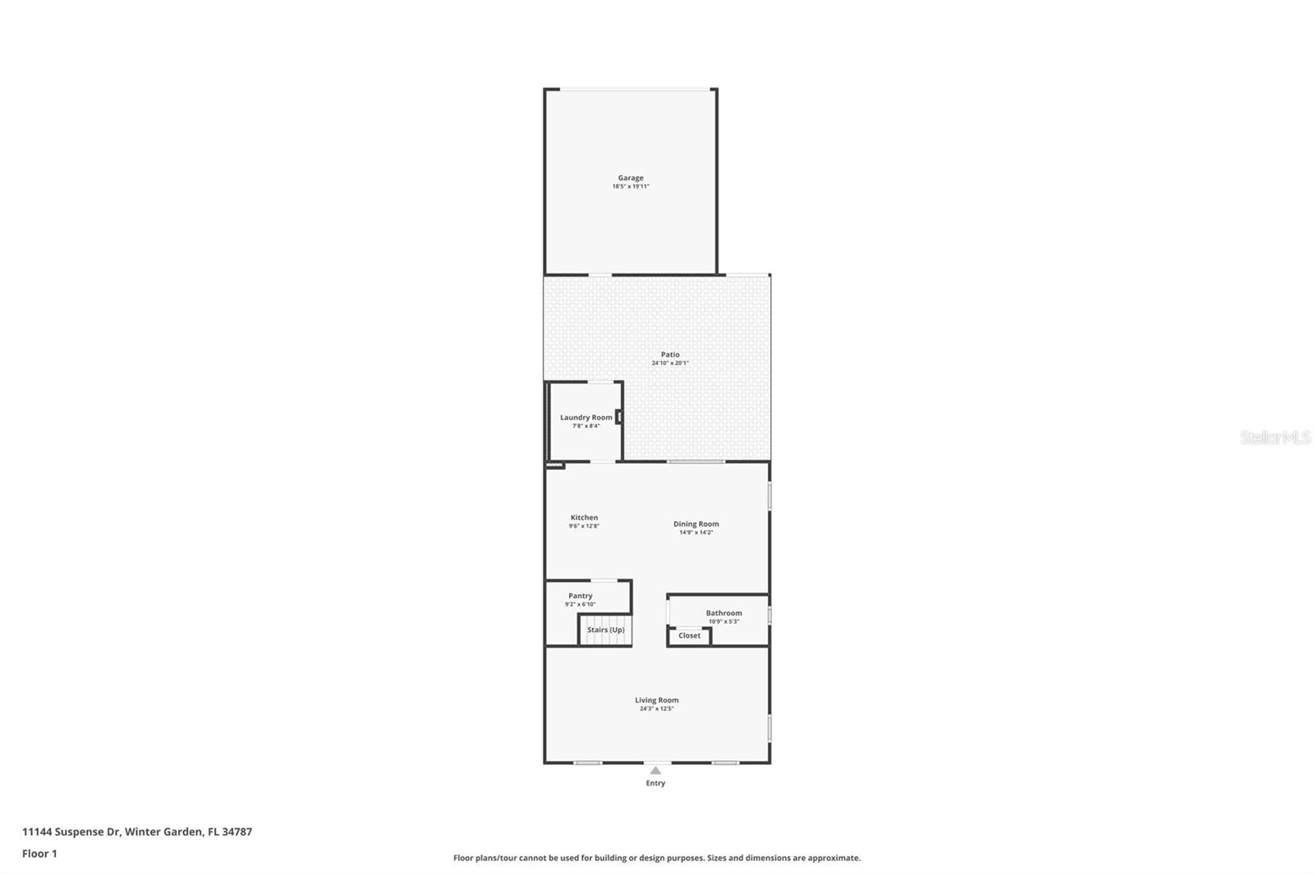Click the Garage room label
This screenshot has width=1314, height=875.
click(631, 177)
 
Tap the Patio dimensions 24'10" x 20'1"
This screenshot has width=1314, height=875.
click(670, 363)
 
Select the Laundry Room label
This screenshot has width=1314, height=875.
click(586, 417)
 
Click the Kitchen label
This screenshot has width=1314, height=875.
click(584, 517)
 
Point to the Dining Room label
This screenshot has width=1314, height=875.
click(696, 524)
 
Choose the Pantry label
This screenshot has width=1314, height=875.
click(580, 596)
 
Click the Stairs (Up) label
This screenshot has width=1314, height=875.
click(605, 630)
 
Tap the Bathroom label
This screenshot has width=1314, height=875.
click(724, 613)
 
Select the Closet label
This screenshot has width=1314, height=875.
click(689, 635)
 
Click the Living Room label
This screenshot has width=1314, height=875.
click(656, 700)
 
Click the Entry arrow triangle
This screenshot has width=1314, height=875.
click(655, 770)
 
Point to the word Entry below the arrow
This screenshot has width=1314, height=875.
click(655, 783)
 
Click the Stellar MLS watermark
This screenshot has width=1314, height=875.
click(1275, 438)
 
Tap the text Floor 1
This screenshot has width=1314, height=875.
click(39, 854)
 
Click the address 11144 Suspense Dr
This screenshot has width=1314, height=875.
click(71, 831)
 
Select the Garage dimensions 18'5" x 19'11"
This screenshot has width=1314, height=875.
click(631, 186)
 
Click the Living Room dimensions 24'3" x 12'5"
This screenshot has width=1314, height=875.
click(656, 708)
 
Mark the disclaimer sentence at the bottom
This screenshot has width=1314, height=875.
click(657, 858)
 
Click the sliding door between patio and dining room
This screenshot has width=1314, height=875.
click(696, 461)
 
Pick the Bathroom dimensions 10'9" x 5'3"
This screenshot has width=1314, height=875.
click(724, 621)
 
